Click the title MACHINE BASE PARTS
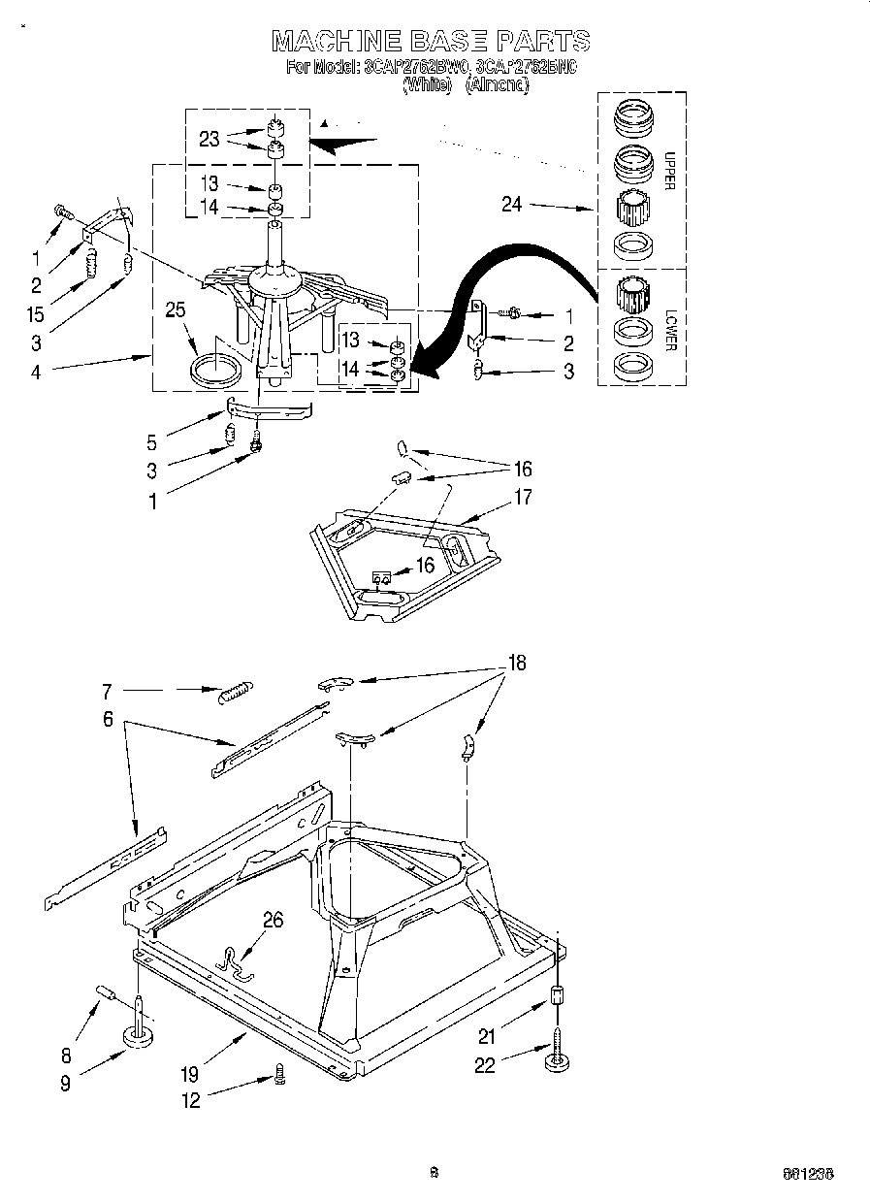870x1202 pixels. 431,41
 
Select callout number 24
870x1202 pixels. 511,204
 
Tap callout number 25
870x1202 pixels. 175,310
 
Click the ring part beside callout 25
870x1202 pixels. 217,371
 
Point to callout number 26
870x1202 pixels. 273,920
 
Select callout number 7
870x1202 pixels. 108,692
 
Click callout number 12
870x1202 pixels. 192,1101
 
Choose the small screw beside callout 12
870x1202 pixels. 279,1075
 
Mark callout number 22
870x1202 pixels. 484,1065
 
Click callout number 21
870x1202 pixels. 486,1036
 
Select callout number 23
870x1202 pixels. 209,139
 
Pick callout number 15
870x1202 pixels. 36,314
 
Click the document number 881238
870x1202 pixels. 808,1174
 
